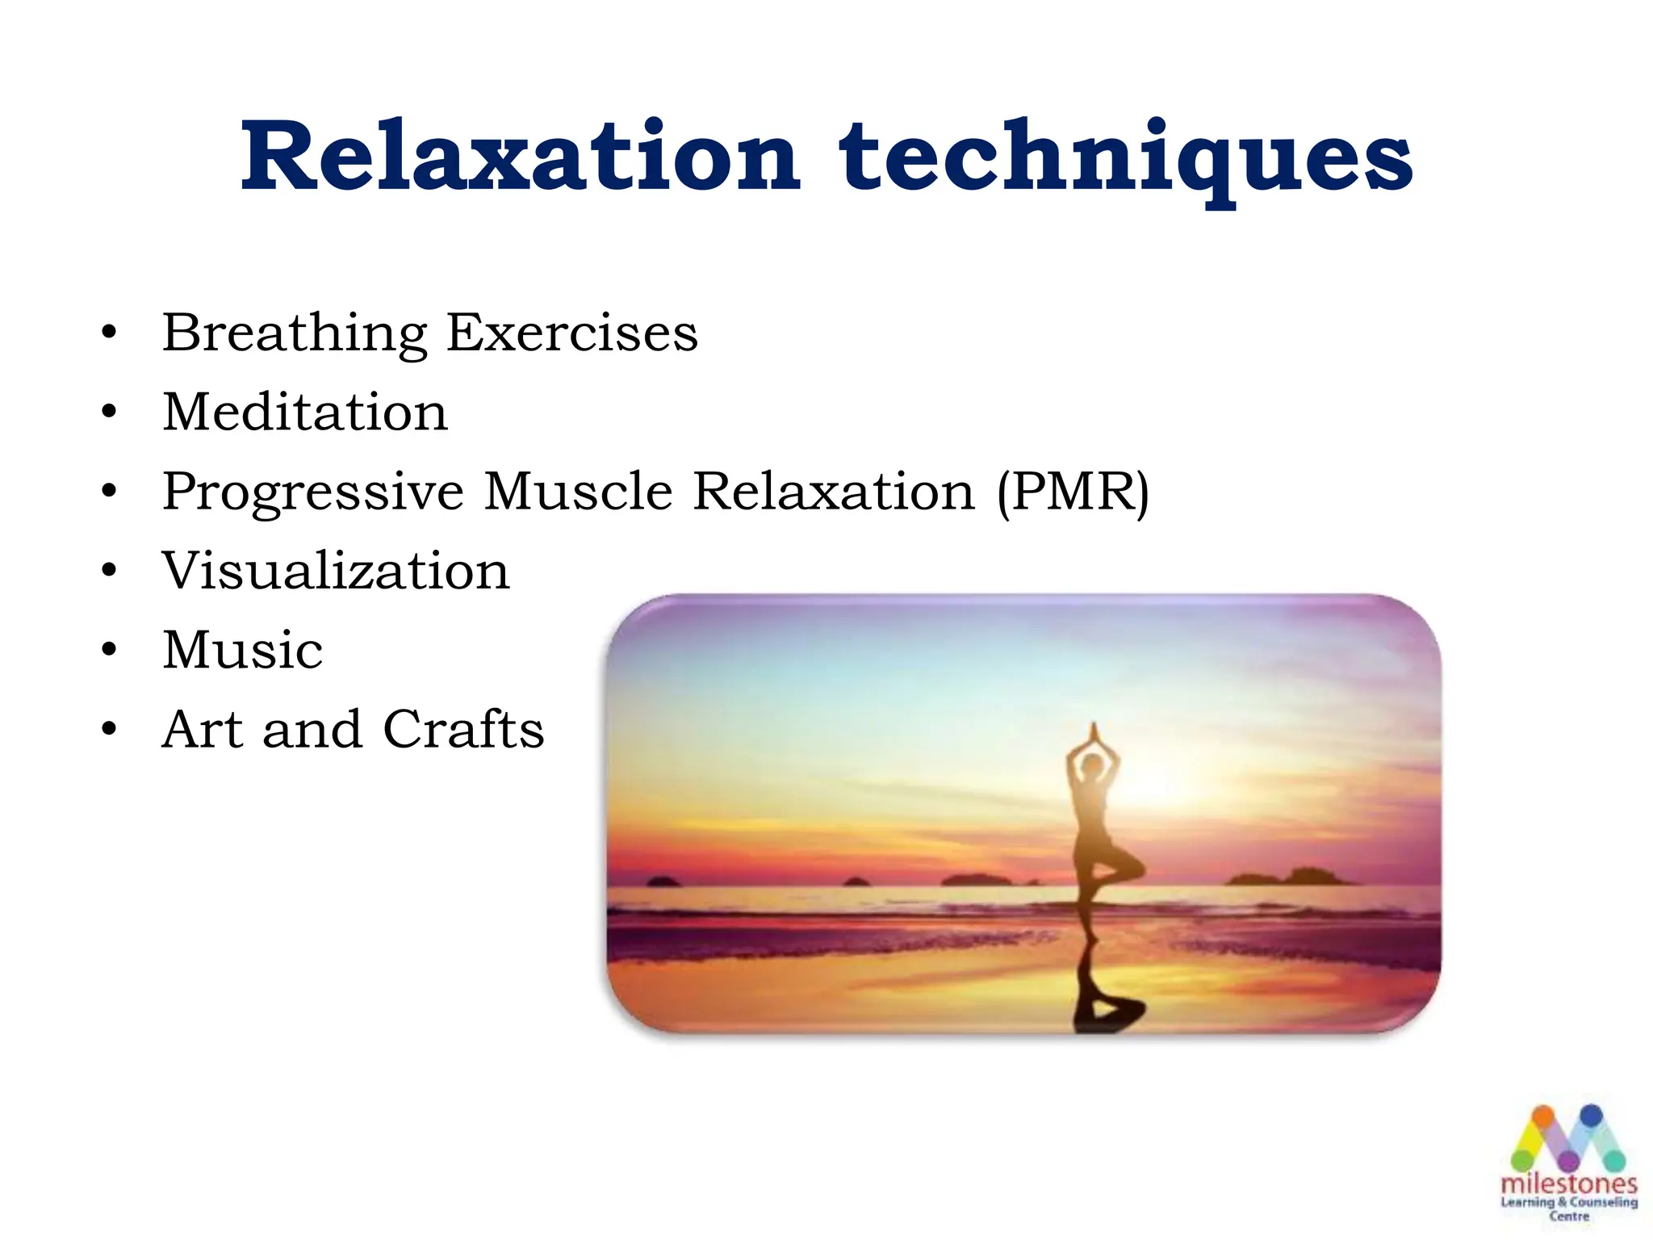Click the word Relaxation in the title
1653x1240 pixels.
pos(521,157)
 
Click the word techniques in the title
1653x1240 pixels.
pos(1126,157)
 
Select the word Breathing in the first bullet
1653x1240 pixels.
pos(294,333)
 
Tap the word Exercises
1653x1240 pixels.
pos(571,333)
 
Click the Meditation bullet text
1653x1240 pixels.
pos(305,412)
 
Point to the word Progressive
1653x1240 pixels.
pos(313,492)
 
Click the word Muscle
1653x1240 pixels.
pos(578,491)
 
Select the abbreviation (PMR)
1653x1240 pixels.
pos(1073,492)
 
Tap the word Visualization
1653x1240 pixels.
pos(336,571)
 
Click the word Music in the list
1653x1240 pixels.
pos(242,650)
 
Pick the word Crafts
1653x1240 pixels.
pos(463,729)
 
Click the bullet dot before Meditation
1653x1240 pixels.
pos(110,413)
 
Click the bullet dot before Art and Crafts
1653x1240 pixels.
pos(110,730)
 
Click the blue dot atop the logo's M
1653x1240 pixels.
pos(1591,1116)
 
